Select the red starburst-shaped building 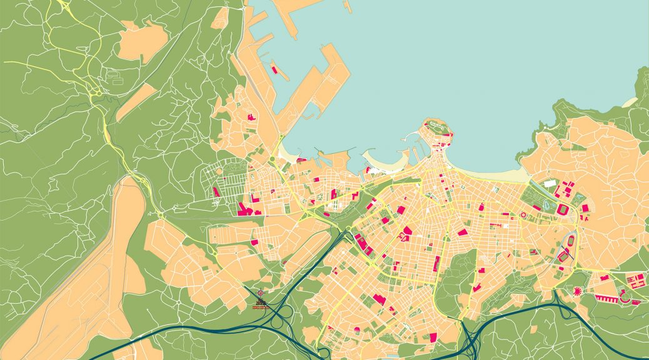577,291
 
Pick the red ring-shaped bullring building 523,214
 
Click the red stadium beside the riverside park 561,208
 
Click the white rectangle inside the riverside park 550,184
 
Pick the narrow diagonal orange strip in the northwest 136,102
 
